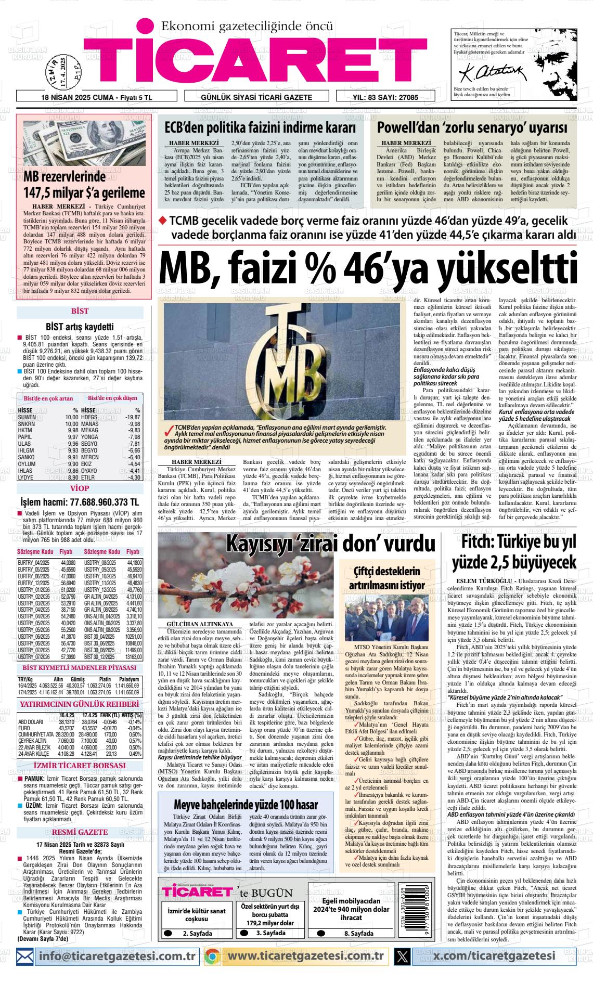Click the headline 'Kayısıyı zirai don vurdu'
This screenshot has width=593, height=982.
(324, 543)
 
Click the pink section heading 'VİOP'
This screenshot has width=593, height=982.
(80, 488)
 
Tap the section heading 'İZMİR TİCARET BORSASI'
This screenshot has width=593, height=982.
(80, 765)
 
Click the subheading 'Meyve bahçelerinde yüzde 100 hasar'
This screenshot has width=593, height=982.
(246, 805)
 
